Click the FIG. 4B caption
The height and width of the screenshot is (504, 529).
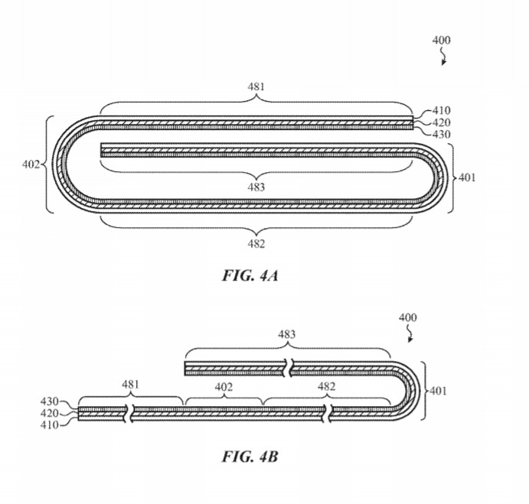point(250,459)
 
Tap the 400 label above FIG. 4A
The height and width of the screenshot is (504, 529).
point(441,41)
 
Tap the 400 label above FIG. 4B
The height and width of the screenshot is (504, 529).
point(408,317)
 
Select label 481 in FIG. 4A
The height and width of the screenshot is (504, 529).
point(256,87)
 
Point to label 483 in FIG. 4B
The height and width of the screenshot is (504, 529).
point(286,334)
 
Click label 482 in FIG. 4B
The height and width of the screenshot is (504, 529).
point(327,385)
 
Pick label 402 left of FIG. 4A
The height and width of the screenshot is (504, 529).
point(31,164)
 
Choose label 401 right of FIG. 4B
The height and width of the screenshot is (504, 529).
point(439,391)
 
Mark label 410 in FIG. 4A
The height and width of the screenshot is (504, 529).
point(441,110)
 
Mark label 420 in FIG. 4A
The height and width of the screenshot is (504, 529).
point(441,122)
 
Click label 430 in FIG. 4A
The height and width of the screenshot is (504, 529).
point(441,135)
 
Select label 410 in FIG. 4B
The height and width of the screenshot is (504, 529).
point(51,424)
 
